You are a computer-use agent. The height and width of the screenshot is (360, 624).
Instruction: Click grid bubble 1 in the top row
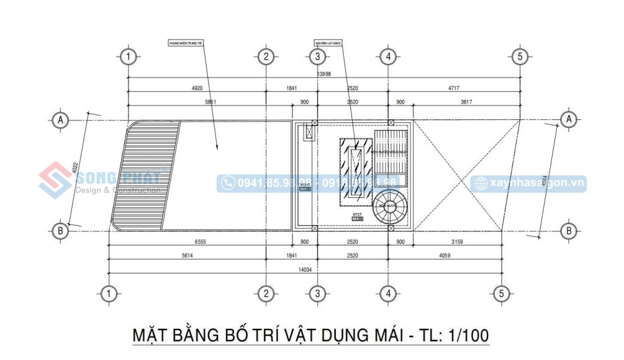[x=128, y=57]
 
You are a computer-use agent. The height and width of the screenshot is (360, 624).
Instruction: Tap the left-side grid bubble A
[x=60, y=120]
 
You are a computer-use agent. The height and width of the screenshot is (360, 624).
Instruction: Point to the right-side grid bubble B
[x=569, y=231]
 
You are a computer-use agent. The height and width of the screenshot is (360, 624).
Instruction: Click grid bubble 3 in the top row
[x=317, y=57]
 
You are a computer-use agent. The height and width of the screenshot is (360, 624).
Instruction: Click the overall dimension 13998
[x=324, y=74]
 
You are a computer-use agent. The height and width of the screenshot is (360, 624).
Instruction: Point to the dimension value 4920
[x=197, y=88]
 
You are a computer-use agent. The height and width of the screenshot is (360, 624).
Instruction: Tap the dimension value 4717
[x=454, y=88]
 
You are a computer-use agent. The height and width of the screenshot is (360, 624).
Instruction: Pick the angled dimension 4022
[x=74, y=171]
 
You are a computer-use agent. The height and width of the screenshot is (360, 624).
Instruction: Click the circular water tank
[x=390, y=206]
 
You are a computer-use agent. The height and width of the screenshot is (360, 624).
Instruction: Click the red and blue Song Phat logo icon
[x=55, y=180]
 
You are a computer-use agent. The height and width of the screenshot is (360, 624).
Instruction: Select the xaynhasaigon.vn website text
[x=536, y=183]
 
